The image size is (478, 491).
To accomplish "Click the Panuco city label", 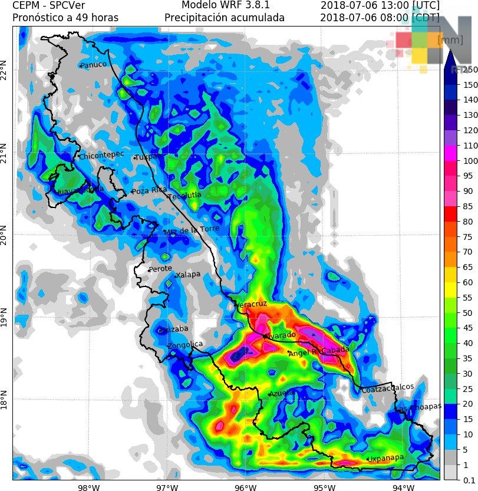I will (x=94, y=65).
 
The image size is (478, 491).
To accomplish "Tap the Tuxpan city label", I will (x=149, y=157).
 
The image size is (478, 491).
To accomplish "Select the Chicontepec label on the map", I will (x=101, y=155).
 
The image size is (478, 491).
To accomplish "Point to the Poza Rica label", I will (x=149, y=191).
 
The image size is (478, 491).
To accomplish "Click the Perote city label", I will (x=160, y=269).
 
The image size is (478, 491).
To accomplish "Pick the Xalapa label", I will (x=189, y=275).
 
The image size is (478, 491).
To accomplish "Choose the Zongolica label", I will (x=185, y=345).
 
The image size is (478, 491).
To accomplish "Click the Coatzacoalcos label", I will (x=387, y=388).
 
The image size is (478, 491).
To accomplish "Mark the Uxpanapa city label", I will (x=385, y=458).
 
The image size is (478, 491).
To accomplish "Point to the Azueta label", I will (x=282, y=393).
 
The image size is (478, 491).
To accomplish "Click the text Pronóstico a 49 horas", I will (x=65, y=18).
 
